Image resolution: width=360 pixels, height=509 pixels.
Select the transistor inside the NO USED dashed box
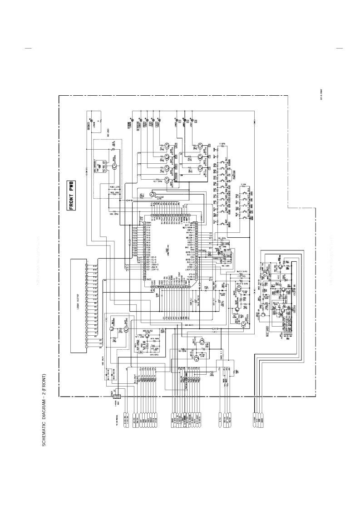click(x=114, y=166)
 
